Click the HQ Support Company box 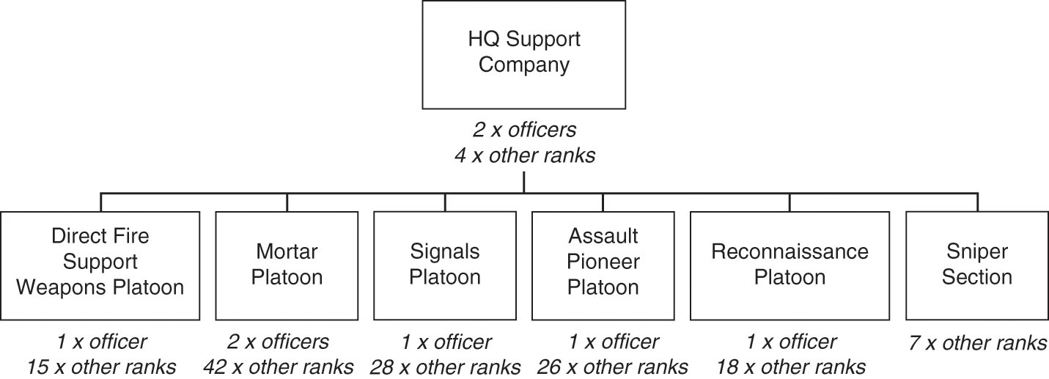tap(523, 54)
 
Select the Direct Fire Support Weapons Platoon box tap(100, 265)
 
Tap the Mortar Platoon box tap(287, 265)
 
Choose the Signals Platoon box tap(445, 265)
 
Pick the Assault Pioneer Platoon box tap(603, 265)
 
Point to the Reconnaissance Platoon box tap(789, 265)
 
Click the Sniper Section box tap(977, 265)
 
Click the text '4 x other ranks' tap(523, 155)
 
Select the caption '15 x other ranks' tap(101, 367)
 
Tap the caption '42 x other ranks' tap(287, 367)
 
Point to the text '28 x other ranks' tap(445, 367)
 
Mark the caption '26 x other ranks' tap(613, 367)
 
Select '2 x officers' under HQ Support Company tap(523, 130)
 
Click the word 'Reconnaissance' tap(789, 252)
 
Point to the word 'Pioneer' tap(603, 262)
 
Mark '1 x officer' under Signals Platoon tap(445, 342)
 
